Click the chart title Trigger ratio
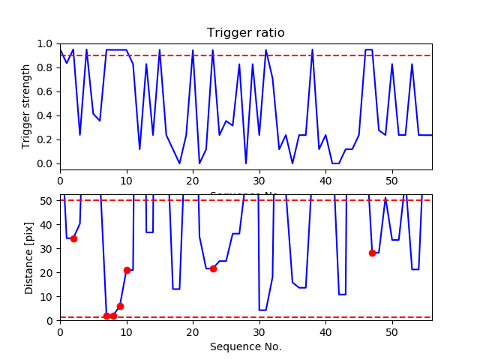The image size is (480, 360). coord(245,33)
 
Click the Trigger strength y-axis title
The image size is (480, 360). coord(27,106)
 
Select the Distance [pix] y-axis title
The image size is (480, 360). coord(29,257)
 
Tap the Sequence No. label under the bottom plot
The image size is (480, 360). coord(245,346)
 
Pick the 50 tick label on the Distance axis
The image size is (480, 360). coord(48,200)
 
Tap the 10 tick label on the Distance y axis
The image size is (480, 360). coord(48,296)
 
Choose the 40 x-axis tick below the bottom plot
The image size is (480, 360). coord(325,331)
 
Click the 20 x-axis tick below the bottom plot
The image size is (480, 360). coord(193,331)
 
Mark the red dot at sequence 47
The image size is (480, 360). coord(372,253)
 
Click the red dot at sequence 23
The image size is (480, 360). coord(213,268)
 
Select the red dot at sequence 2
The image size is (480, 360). coord(73,238)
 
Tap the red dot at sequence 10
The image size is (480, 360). coord(127,270)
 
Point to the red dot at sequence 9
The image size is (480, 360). coord(120,306)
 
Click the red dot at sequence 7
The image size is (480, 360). coord(106,316)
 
